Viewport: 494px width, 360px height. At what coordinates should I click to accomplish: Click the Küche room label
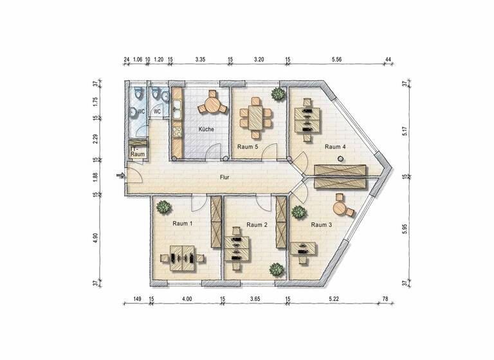coord(206,129)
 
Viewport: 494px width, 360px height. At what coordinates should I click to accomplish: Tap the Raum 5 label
coord(248,147)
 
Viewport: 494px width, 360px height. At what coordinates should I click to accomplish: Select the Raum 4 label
coord(335,147)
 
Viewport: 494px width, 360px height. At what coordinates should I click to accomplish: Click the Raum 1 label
coord(182,224)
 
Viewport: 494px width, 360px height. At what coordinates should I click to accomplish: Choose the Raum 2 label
coord(257,225)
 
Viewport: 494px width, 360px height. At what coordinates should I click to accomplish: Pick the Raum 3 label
coord(321,225)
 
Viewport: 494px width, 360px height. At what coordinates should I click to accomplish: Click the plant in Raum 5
coord(278,94)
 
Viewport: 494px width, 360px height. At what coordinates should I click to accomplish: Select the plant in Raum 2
coord(277,270)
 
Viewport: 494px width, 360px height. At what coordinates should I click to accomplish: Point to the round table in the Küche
coord(211,104)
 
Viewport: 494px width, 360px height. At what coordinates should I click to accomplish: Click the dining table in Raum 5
coord(255,116)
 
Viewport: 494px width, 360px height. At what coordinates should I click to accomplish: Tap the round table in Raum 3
coord(339,208)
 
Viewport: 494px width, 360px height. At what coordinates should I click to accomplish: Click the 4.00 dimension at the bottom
coord(187,299)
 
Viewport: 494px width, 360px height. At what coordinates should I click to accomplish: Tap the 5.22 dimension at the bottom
coord(333,299)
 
